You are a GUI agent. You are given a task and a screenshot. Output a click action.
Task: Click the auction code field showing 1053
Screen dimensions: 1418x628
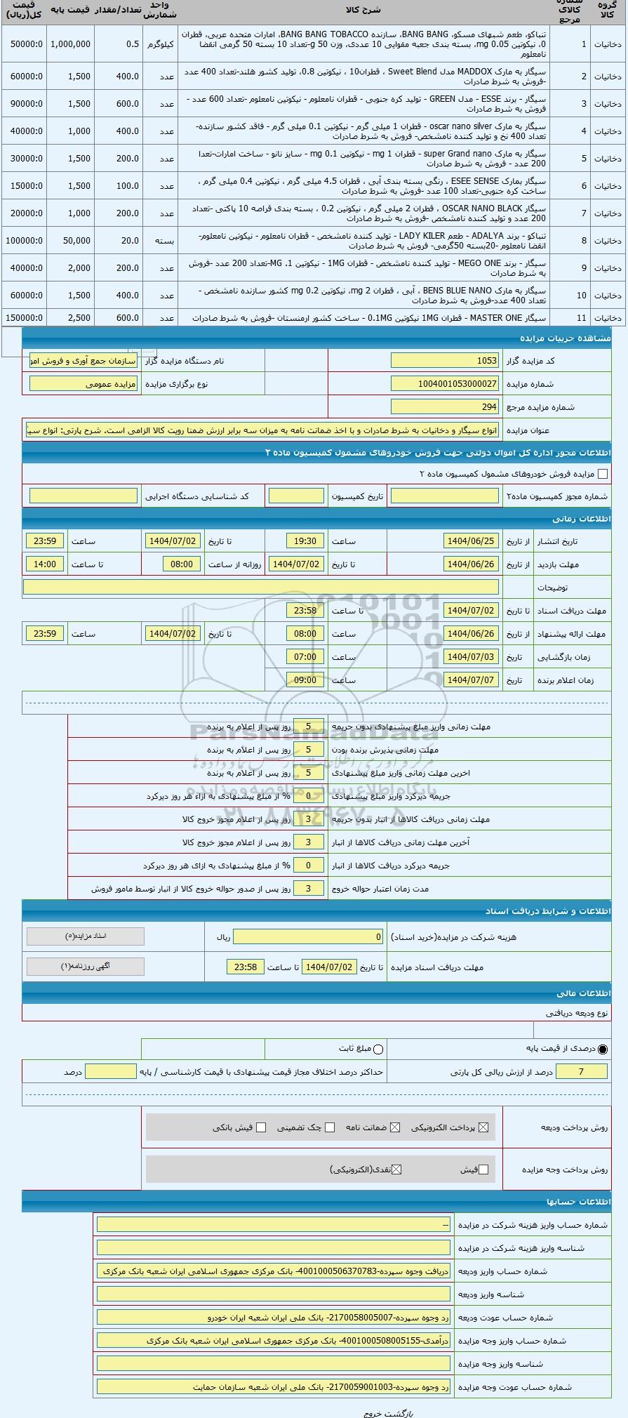445,361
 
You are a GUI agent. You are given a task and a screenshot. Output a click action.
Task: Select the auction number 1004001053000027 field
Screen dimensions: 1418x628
445,384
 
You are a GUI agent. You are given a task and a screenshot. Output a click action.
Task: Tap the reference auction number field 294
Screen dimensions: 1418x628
445,407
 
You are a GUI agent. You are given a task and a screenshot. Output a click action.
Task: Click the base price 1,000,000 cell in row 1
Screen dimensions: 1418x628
70,44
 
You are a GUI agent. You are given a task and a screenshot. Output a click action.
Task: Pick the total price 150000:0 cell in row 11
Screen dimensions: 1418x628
24,318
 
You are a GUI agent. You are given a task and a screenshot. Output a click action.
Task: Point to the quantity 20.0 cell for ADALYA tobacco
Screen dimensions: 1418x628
119,241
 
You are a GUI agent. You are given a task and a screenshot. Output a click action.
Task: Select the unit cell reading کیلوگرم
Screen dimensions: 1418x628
161,44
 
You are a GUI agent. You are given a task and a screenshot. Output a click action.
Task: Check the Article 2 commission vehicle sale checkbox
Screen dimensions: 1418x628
603,474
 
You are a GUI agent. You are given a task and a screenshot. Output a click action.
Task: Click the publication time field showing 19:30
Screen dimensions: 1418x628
305,541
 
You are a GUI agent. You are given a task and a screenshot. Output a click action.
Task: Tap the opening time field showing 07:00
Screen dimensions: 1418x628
305,657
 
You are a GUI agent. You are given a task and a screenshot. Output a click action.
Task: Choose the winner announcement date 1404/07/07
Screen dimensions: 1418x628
471,680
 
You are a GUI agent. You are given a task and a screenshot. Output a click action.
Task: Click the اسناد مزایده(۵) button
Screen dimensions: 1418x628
85,936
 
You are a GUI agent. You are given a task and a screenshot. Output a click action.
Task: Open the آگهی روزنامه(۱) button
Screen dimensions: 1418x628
85,967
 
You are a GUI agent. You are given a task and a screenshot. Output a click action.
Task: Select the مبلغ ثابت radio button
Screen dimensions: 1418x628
379,1049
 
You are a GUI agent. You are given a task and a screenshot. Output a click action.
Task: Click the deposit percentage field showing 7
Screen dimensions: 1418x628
580,1072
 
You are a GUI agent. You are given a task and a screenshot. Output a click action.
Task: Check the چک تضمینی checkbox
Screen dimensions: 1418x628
330,1127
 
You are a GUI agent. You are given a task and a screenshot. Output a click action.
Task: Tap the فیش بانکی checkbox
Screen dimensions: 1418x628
261,1127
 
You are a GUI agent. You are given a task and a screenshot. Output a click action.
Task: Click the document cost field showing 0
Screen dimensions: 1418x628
308,937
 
